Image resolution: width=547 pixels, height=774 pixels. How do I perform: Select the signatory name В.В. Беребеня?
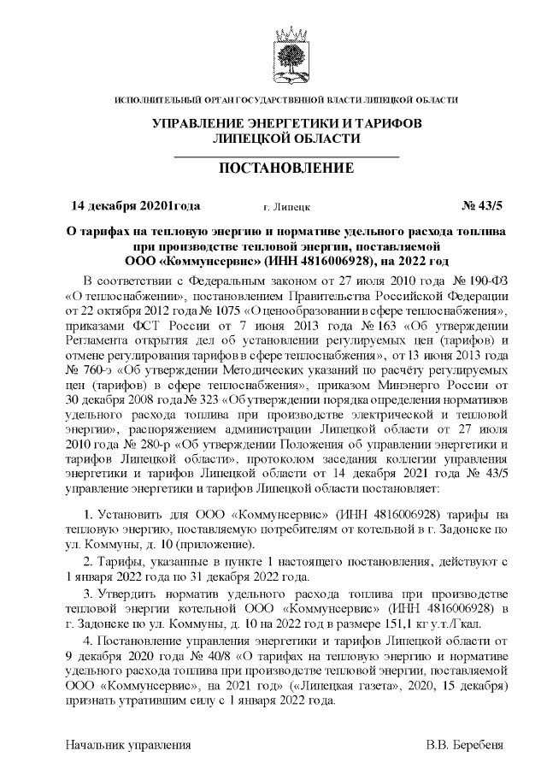(x=467, y=744)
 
